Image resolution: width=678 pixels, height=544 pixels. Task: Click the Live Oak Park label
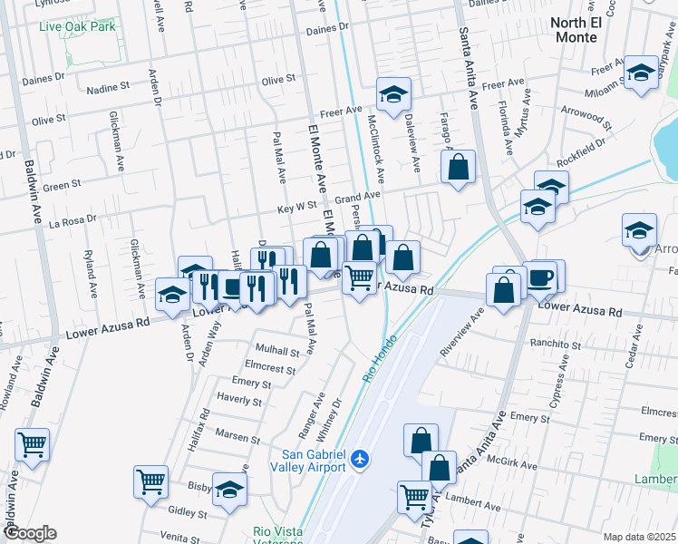(x=77, y=25)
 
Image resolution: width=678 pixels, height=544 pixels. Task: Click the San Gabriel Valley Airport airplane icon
(x=361, y=459)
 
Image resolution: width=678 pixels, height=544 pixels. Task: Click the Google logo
(x=29, y=533)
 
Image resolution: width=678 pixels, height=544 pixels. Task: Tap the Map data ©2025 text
(x=639, y=537)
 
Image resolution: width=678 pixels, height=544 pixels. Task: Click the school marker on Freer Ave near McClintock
(x=393, y=94)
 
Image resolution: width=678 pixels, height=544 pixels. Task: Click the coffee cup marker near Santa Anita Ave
(x=540, y=277)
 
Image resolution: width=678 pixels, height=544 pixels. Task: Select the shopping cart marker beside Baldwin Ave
(x=33, y=445)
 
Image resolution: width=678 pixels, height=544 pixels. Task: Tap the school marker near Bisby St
(x=230, y=489)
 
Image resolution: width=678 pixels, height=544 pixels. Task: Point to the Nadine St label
(x=108, y=89)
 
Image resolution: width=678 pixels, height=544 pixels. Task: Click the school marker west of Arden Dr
(x=172, y=293)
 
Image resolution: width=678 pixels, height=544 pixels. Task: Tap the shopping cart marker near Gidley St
(x=150, y=481)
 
